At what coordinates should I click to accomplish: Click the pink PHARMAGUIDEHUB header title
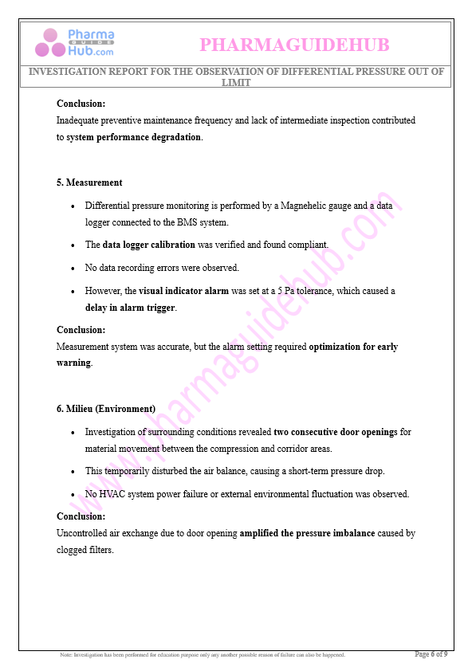click(x=294, y=45)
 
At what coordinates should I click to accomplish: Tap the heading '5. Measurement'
click(x=89, y=182)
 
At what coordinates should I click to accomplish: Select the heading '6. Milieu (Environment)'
click(x=106, y=409)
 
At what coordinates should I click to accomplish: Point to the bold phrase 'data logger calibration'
click(x=149, y=245)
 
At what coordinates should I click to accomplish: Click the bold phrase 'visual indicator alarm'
click(x=184, y=291)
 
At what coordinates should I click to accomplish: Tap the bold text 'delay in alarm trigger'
click(x=130, y=307)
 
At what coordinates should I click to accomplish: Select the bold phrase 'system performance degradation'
click(x=134, y=137)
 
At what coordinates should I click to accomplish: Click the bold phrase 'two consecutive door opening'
click(x=334, y=432)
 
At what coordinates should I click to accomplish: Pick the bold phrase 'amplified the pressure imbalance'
click(x=307, y=533)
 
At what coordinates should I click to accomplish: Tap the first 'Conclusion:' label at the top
click(x=81, y=104)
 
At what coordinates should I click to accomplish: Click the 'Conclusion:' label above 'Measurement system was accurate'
click(x=81, y=330)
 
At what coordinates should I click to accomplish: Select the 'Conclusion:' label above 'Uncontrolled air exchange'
click(x=81, y=516)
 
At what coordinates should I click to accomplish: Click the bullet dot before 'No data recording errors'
click(x=73, y=269)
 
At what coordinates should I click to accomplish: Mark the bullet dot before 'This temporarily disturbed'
click(x=73, y=472)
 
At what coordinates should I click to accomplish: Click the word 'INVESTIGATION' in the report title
click(x=68, y=72)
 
